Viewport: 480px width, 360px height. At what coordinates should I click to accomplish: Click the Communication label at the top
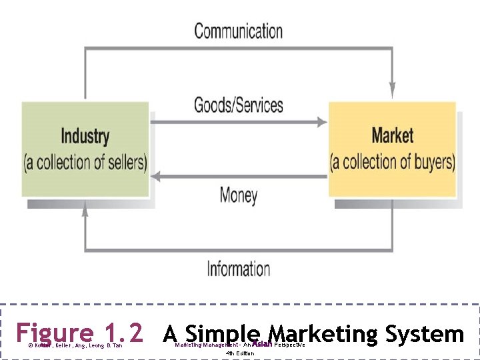[238, 31]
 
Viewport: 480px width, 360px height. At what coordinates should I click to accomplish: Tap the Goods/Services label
[238, 105]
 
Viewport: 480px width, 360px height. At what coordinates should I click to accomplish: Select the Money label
[238, 195]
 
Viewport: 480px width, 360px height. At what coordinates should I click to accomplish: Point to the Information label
[238, 269]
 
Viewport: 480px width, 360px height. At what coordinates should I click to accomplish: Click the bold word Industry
[85, 137]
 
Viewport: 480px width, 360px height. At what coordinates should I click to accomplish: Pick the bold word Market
[392, 135]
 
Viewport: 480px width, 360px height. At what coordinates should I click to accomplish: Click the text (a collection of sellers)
[85, 162]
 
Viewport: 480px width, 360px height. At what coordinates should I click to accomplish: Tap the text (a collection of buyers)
[393, 161]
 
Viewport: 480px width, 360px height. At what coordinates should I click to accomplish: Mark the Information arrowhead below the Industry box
[85, 209]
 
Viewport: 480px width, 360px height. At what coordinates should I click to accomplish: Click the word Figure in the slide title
[55, 332]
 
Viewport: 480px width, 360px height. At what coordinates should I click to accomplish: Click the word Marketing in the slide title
[318, 333]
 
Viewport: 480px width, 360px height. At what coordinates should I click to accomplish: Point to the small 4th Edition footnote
[239, 353]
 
